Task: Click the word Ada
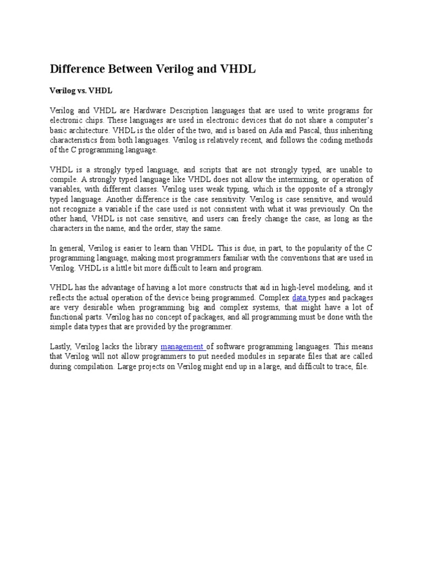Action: coord(290,130)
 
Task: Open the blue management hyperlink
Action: coord(182,346)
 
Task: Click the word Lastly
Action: coord(61,346)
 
